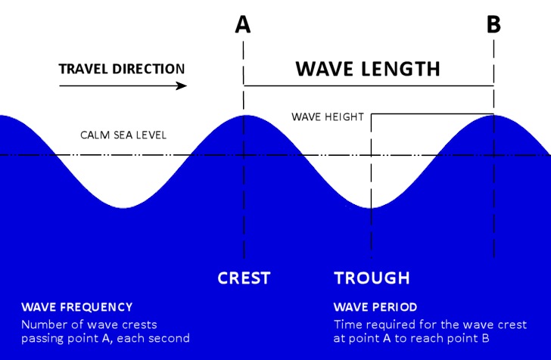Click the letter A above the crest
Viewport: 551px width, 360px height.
click(x=243, y=25)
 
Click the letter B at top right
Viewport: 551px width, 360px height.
click(x=493, y=25)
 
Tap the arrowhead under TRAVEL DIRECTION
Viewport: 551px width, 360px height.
click(x=182, y=85)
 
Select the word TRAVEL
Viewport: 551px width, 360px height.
click(x=83, y=69)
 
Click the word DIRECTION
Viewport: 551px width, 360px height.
click(x=148, y=69)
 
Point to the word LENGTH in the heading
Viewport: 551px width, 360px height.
click(x=400, y=69)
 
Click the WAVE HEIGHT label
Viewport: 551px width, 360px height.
click(x=328, y=117)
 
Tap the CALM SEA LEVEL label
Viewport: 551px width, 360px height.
click(x=123, y=135)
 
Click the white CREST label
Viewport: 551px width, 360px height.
click(x=244, y=278)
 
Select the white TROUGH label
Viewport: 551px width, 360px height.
click(x=372, y=278)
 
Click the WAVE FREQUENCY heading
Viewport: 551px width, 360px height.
click(x=77, y=307)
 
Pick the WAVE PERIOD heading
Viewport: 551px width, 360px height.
click(x=375, y=307)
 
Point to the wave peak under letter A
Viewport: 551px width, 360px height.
click(x=244, y=116)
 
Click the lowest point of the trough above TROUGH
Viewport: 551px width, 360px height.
click(x=371, y=208)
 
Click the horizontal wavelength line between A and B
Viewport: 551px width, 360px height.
click(x=369, y=85)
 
